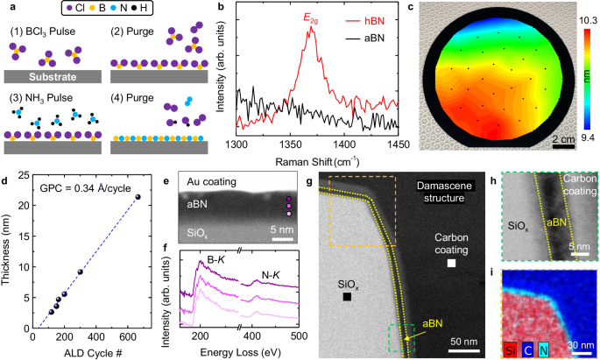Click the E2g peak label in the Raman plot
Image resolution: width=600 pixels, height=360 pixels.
(x=311, y=18)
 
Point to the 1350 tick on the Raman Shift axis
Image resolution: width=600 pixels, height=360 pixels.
(x=291, y=145)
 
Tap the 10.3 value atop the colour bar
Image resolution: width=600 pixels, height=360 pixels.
(x=588, y=21)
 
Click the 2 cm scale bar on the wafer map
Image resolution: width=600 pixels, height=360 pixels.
(x=563, y=146)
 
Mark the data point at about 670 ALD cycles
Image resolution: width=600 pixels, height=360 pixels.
(x=138, y=197)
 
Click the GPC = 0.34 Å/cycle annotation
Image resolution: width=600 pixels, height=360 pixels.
(x=85, y=187)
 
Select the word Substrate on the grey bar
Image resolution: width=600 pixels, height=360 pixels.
(x=53, y=77)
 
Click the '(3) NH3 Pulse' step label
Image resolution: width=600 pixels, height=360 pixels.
(x=41, y=98)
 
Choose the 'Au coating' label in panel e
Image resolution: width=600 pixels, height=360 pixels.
(x=211, y=181)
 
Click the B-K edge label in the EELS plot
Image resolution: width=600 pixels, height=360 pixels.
(x=216, y=260)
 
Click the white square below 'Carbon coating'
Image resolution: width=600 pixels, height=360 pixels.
(x=451, y=263)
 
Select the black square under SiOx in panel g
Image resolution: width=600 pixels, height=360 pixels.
(x=347, y=296)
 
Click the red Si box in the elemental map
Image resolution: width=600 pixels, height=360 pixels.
(x=510, y=349)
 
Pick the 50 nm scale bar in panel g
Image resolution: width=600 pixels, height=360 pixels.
(x=464, y=351)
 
